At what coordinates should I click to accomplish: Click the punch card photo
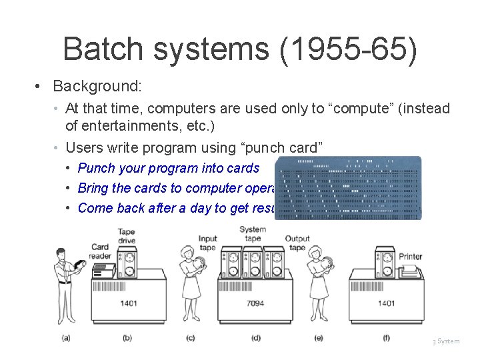(349, 188)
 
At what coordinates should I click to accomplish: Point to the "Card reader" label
(100, 252)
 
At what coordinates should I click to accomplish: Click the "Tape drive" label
(126, 237)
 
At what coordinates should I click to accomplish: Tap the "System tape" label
(253, 234)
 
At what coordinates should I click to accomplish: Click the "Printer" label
(411, 257)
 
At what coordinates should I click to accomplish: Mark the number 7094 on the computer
(255, 303)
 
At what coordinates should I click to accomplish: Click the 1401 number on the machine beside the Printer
(387, 303)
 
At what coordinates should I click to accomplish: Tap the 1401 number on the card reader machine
(129, 303)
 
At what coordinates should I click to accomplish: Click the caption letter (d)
(255, 338)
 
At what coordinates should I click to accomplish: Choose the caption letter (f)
(386, 338)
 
